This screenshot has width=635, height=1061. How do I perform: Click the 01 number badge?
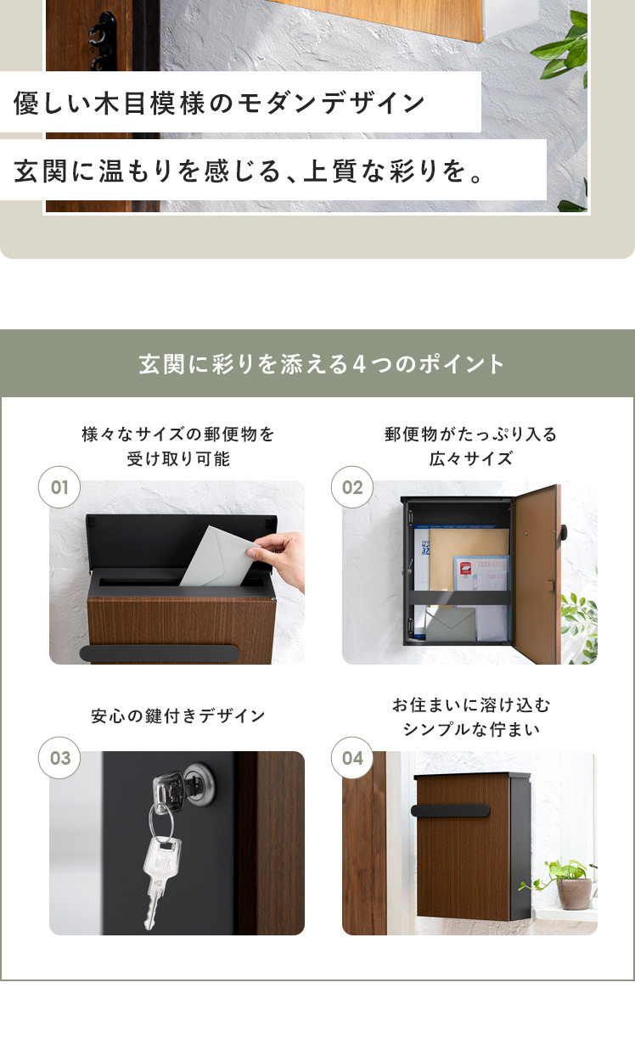(x=59, y=487)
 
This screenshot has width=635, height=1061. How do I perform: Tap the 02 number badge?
(x=352, y=487)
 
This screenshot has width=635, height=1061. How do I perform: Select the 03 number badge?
(x=59, y=758)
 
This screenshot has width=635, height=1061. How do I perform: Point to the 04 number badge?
(x=352, y=758)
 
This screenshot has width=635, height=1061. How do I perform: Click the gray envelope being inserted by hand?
(x=216, y=559)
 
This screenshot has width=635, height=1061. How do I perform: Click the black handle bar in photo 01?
(x=160, y=654)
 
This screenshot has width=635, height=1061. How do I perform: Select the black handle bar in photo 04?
(x=450, y=811)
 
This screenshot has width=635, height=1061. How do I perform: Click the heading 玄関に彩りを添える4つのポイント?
(x=322, y=364)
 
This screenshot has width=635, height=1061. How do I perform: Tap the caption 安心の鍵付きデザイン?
(x=177, y=716)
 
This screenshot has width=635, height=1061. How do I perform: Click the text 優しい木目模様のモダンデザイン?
(x=219, y=103)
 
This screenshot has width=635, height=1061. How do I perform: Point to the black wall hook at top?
(x=103, y=40)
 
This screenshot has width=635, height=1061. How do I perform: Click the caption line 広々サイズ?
(x=470, y=458)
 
